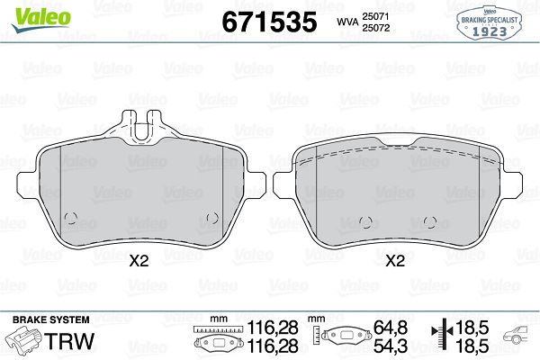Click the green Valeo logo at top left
tap(41, 20)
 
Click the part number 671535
tap(269, 22)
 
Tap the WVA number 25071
tap(375, 16)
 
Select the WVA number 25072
tap(375, 28)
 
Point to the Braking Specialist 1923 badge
tap(489, 22)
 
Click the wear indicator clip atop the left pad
tap(142, 126)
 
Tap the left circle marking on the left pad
tap(71, 218)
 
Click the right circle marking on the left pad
tap(212, 218)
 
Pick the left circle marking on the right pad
tap(365, 222)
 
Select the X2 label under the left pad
tap(139, 261)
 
